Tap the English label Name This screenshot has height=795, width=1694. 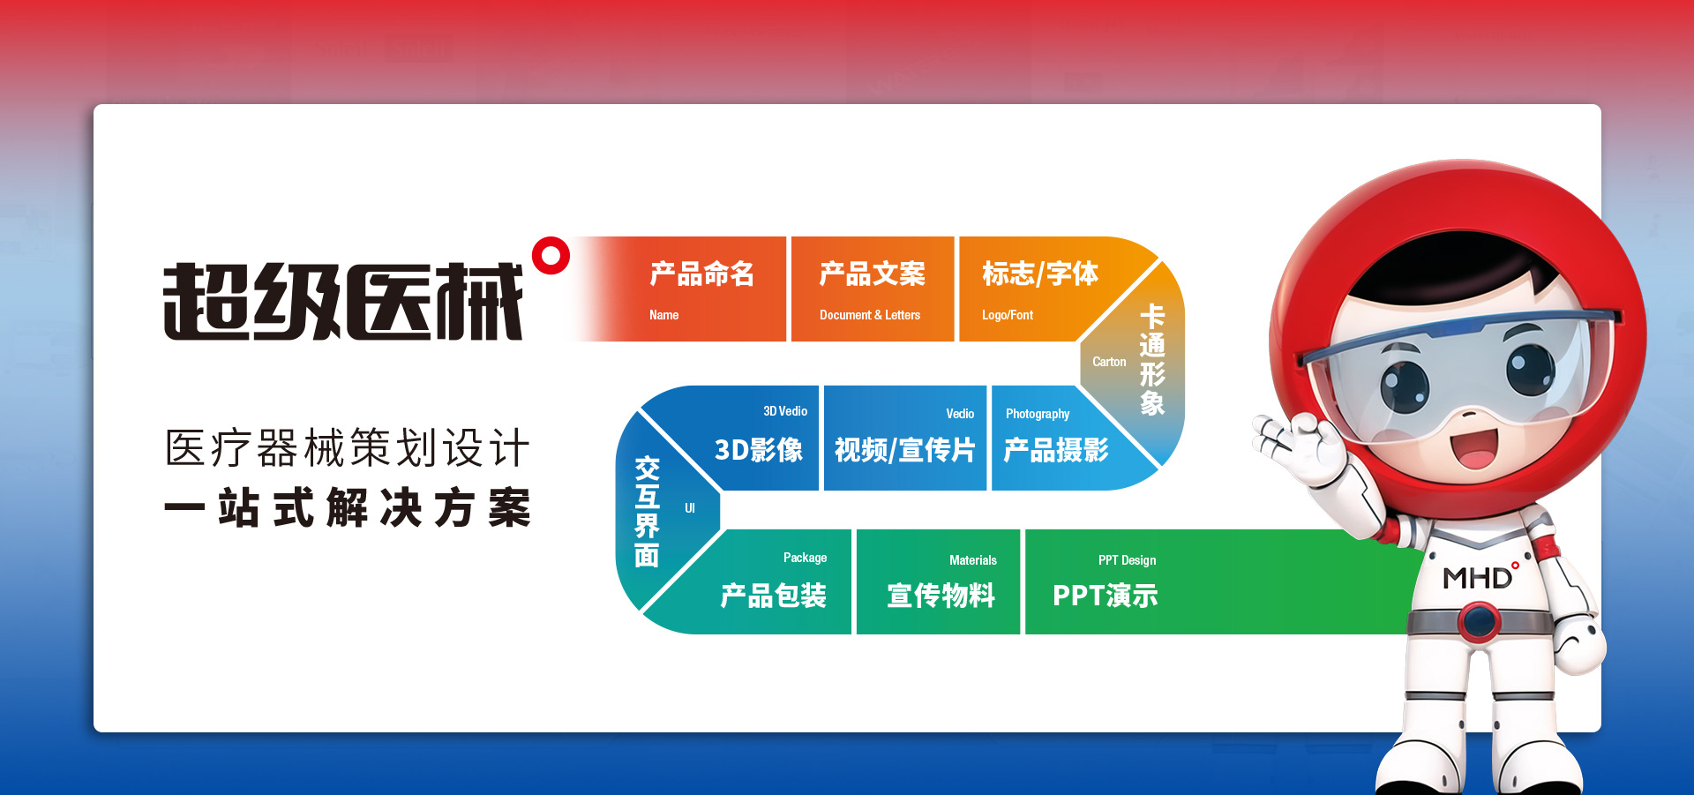(x=663, y=315)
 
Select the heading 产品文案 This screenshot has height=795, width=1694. (x=872, y=274)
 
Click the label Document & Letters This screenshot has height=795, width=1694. (x=869, y=315)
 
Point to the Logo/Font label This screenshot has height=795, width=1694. (x=1007, y=315)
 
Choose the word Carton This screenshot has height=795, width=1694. (x=1109, y=362)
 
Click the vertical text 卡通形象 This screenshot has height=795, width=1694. (x=1152, y=359)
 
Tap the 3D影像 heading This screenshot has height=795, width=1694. (x=758, y=450)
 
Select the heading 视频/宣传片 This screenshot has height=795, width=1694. (x=904, y=450)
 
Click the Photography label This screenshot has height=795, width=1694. (x=1038, y=414)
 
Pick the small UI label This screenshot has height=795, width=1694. (x=690, y=508)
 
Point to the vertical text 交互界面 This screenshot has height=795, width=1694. (x=647, y=512)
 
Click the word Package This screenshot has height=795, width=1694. (x=805, y=558)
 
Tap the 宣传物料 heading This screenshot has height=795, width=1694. (x=941, y=596)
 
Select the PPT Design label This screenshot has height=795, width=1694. (x=1127, y=560)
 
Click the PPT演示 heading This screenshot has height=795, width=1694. (x=1105, y=596)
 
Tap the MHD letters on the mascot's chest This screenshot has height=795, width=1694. (x=1477, y=578)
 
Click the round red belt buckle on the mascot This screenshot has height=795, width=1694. (x=1480, y=621)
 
